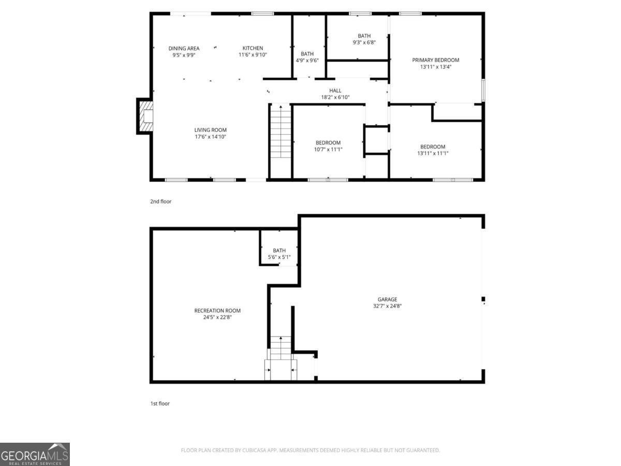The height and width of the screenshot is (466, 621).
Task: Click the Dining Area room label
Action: point(184,48)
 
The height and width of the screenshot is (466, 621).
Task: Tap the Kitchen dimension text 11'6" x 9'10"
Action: point(253,55)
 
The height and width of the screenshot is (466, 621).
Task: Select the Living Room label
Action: point(210,130)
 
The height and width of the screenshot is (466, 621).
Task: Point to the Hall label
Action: point(335,91)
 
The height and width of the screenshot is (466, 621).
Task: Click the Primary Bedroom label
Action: point(435,60)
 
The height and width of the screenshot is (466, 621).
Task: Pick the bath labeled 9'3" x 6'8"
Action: point(364,39)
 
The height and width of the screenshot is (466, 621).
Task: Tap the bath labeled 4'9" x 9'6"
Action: point(307,57)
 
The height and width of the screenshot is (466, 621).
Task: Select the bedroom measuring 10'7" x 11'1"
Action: point(328,146)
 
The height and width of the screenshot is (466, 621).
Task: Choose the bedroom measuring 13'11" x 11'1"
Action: point(433,150)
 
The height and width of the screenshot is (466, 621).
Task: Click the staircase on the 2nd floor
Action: point(280,132)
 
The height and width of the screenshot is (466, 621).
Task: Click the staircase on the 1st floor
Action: point(280,348)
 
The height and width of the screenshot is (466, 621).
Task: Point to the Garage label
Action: point(387,299)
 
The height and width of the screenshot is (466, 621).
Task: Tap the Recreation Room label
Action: point(217,311)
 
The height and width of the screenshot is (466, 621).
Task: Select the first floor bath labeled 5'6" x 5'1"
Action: point(279,254)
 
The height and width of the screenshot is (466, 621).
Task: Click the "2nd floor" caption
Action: point(160,201)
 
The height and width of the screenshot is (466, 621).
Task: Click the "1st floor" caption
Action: point(160,403)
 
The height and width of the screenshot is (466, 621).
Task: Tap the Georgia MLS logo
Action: point(35,454)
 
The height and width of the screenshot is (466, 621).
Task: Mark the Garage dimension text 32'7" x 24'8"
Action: point(387,306)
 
